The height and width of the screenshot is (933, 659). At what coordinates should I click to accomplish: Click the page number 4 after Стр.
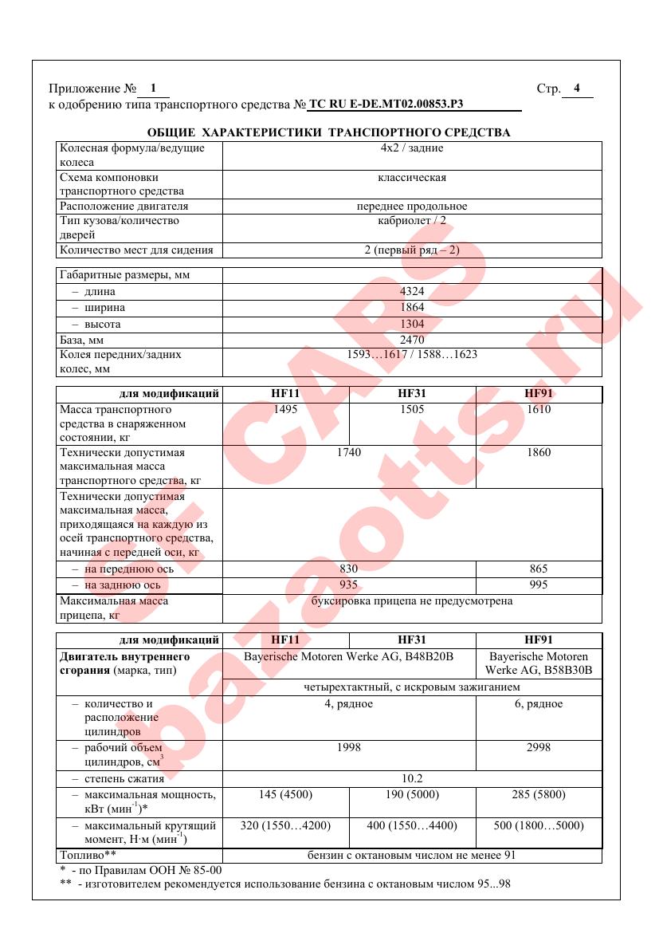pos(577,89)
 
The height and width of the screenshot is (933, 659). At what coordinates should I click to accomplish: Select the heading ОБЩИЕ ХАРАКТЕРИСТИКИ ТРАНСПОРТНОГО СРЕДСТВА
pos(329,132)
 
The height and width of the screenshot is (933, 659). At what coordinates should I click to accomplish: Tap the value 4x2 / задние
pos(412,148)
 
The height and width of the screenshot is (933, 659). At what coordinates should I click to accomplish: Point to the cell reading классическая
pos(412,178)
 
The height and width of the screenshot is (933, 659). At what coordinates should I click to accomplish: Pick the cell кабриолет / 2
pos(412,221)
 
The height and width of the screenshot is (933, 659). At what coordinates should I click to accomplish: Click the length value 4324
pos(412,292)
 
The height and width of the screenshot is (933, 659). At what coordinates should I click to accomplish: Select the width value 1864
pos(412,308)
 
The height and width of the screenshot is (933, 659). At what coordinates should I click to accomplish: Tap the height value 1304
pos(412,325)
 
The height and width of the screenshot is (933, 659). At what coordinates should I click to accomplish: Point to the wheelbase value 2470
pos(412,340)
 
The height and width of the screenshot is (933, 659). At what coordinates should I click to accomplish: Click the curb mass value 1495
pos(285,410)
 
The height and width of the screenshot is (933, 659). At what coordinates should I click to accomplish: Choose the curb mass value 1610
pos(539,410)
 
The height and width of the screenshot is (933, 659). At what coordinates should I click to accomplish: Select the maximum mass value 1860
pos(539,453)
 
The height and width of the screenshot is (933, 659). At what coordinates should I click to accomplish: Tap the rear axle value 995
pos(539,585)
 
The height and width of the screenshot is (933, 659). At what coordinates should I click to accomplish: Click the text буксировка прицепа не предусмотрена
pos(412,601)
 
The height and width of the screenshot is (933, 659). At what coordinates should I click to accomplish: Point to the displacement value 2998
pos(539,748)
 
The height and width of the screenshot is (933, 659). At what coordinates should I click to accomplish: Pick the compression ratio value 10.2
pos(412,779)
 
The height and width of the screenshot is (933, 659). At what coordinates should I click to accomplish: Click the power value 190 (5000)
pos(412,795)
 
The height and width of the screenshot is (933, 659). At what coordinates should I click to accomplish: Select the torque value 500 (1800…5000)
pos(539,826)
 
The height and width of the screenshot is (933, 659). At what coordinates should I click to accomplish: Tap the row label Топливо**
pos(88,856)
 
